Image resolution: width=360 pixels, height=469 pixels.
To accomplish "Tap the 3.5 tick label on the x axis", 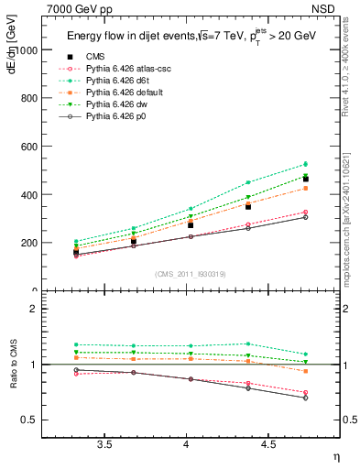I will coord(104,444).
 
